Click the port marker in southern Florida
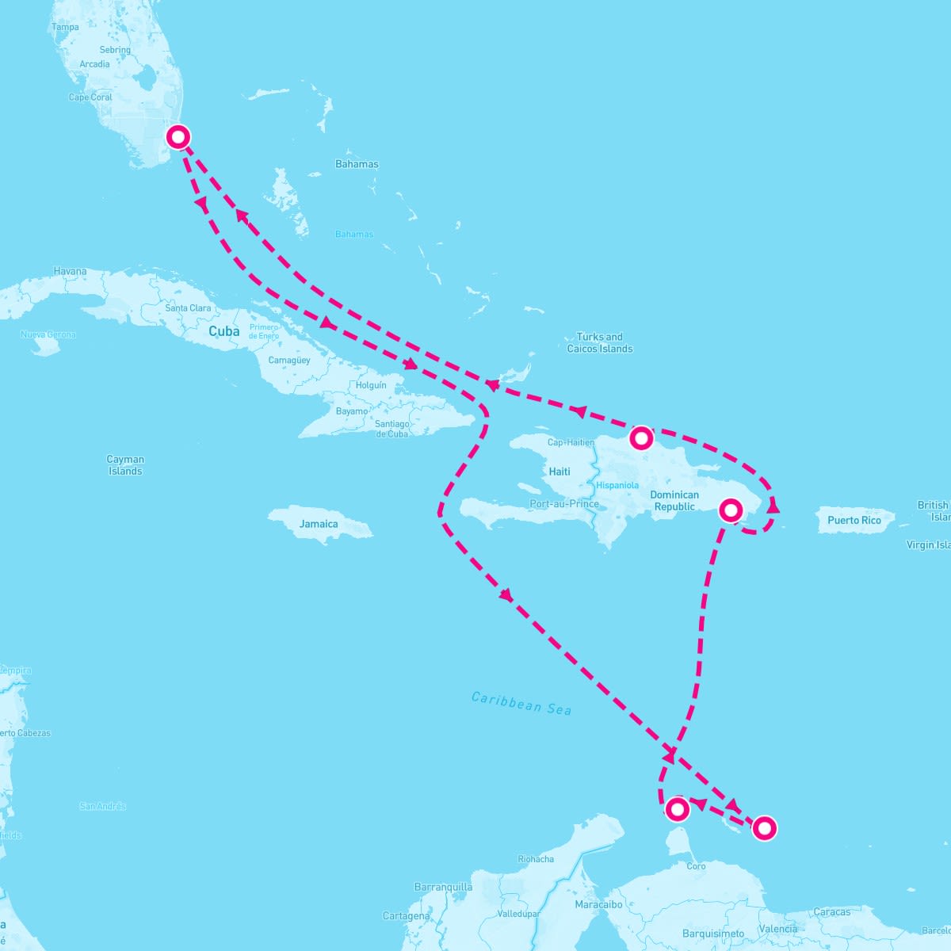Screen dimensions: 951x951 (178, 137)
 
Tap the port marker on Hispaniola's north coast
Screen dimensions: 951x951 (641, 437)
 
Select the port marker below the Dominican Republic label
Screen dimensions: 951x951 (731, 510)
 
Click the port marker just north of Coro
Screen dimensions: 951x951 (677, 809)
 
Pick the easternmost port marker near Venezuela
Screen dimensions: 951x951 (764, 828)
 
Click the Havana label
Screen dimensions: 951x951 (70, 271)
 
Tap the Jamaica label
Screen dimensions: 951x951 (319, 524)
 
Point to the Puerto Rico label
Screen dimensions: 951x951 (854, 521)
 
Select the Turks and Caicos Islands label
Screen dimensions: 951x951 (600, 342)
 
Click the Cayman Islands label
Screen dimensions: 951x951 (125, 465)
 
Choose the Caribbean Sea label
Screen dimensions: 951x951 (521, 703)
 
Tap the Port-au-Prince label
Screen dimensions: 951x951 (564, 503)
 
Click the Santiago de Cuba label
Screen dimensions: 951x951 (392, 429)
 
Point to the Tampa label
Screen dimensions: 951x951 (65, 27)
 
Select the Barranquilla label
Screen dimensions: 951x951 (443, 887)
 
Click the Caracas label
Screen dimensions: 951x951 (832, 912)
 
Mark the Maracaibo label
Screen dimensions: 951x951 (598, 904)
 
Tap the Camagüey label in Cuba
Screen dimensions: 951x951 (289, 361)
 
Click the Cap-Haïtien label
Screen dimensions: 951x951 (571, 442)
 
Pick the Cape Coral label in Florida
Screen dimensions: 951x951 (90, 97)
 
